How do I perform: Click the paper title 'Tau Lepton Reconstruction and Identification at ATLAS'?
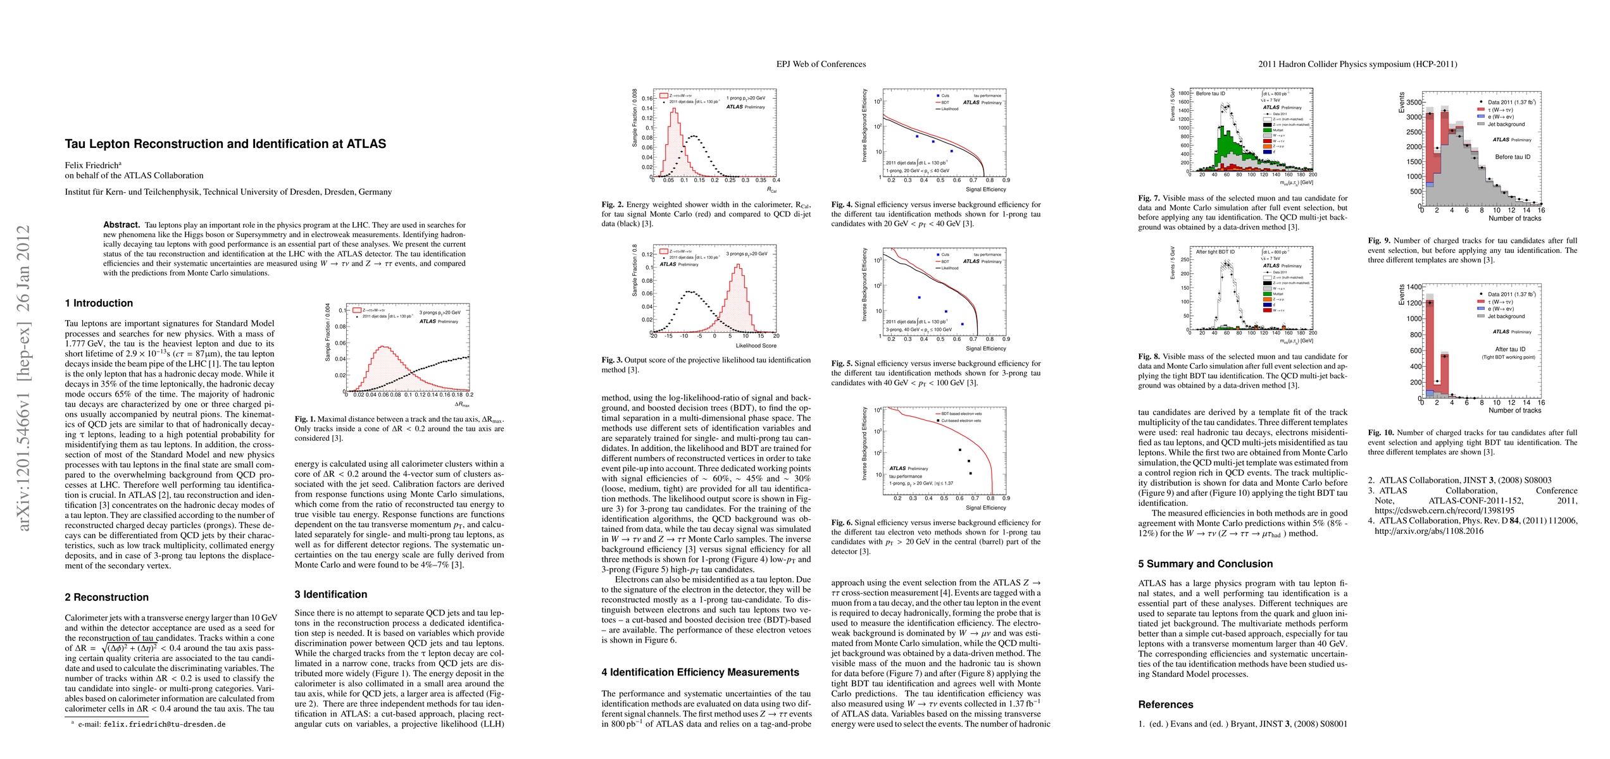pyautogui.click(x=225, y=144)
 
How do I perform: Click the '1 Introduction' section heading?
pyautogui.click(x=99, y=304)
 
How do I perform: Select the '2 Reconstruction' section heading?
pyautogui.click(x=106, y=598)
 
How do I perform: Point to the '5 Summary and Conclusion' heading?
pyautogui.click(x=1205, y=564)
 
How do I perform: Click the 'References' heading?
pyautogui.click(x=1165, y=705)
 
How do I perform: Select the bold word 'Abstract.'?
pyautogui.click(x=122, y=225)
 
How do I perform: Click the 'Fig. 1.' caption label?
pyautogui.click(x=304, y=419)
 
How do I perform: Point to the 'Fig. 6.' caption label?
pyautogui.click(x=841, y=523)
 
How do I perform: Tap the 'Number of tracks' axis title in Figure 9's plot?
pyautogui.click(x=1514, y=219)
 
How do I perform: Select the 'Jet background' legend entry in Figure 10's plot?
pyautogui.click(x=1506, y=316)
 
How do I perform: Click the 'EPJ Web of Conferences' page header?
pyautogui.click(x=821, y=64)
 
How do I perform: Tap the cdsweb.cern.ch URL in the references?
pyautogui.click(x=1444, y=510)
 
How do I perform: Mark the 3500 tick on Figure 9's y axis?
pyautogui.click(x=1413, y=102)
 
